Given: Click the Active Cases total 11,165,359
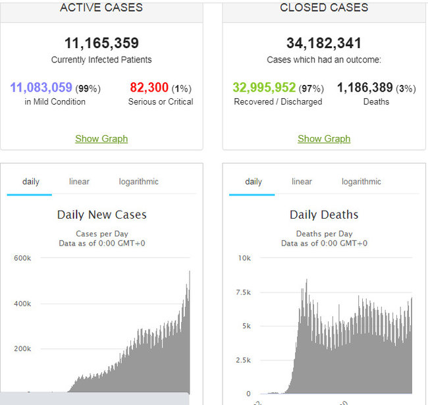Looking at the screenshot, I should point(101,43).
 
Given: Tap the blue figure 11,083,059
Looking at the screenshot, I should point(41,88).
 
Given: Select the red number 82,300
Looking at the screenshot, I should point(149,88).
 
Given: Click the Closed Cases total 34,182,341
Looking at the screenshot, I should point(324,43).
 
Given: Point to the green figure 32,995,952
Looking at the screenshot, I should point(264,88).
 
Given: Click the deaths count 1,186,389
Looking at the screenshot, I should point(365,88).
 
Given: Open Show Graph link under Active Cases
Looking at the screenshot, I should point(101,138).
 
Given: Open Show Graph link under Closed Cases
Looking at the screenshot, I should point(324,138).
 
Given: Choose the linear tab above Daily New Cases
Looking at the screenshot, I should point(79,182).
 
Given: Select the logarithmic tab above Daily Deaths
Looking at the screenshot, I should point(361,182).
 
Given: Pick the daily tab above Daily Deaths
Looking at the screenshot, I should point(254,182).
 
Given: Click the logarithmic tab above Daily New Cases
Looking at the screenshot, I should point(138,182).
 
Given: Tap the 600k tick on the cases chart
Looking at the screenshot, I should point(22,258).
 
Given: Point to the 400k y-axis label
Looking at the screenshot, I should point(22,304).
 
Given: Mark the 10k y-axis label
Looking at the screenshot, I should point(244,258).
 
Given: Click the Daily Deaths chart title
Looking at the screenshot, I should point(324,215).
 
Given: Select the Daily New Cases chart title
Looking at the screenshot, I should point(101,215).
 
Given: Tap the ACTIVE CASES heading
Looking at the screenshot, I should point(101,8).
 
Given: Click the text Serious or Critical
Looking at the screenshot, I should point(161,101).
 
